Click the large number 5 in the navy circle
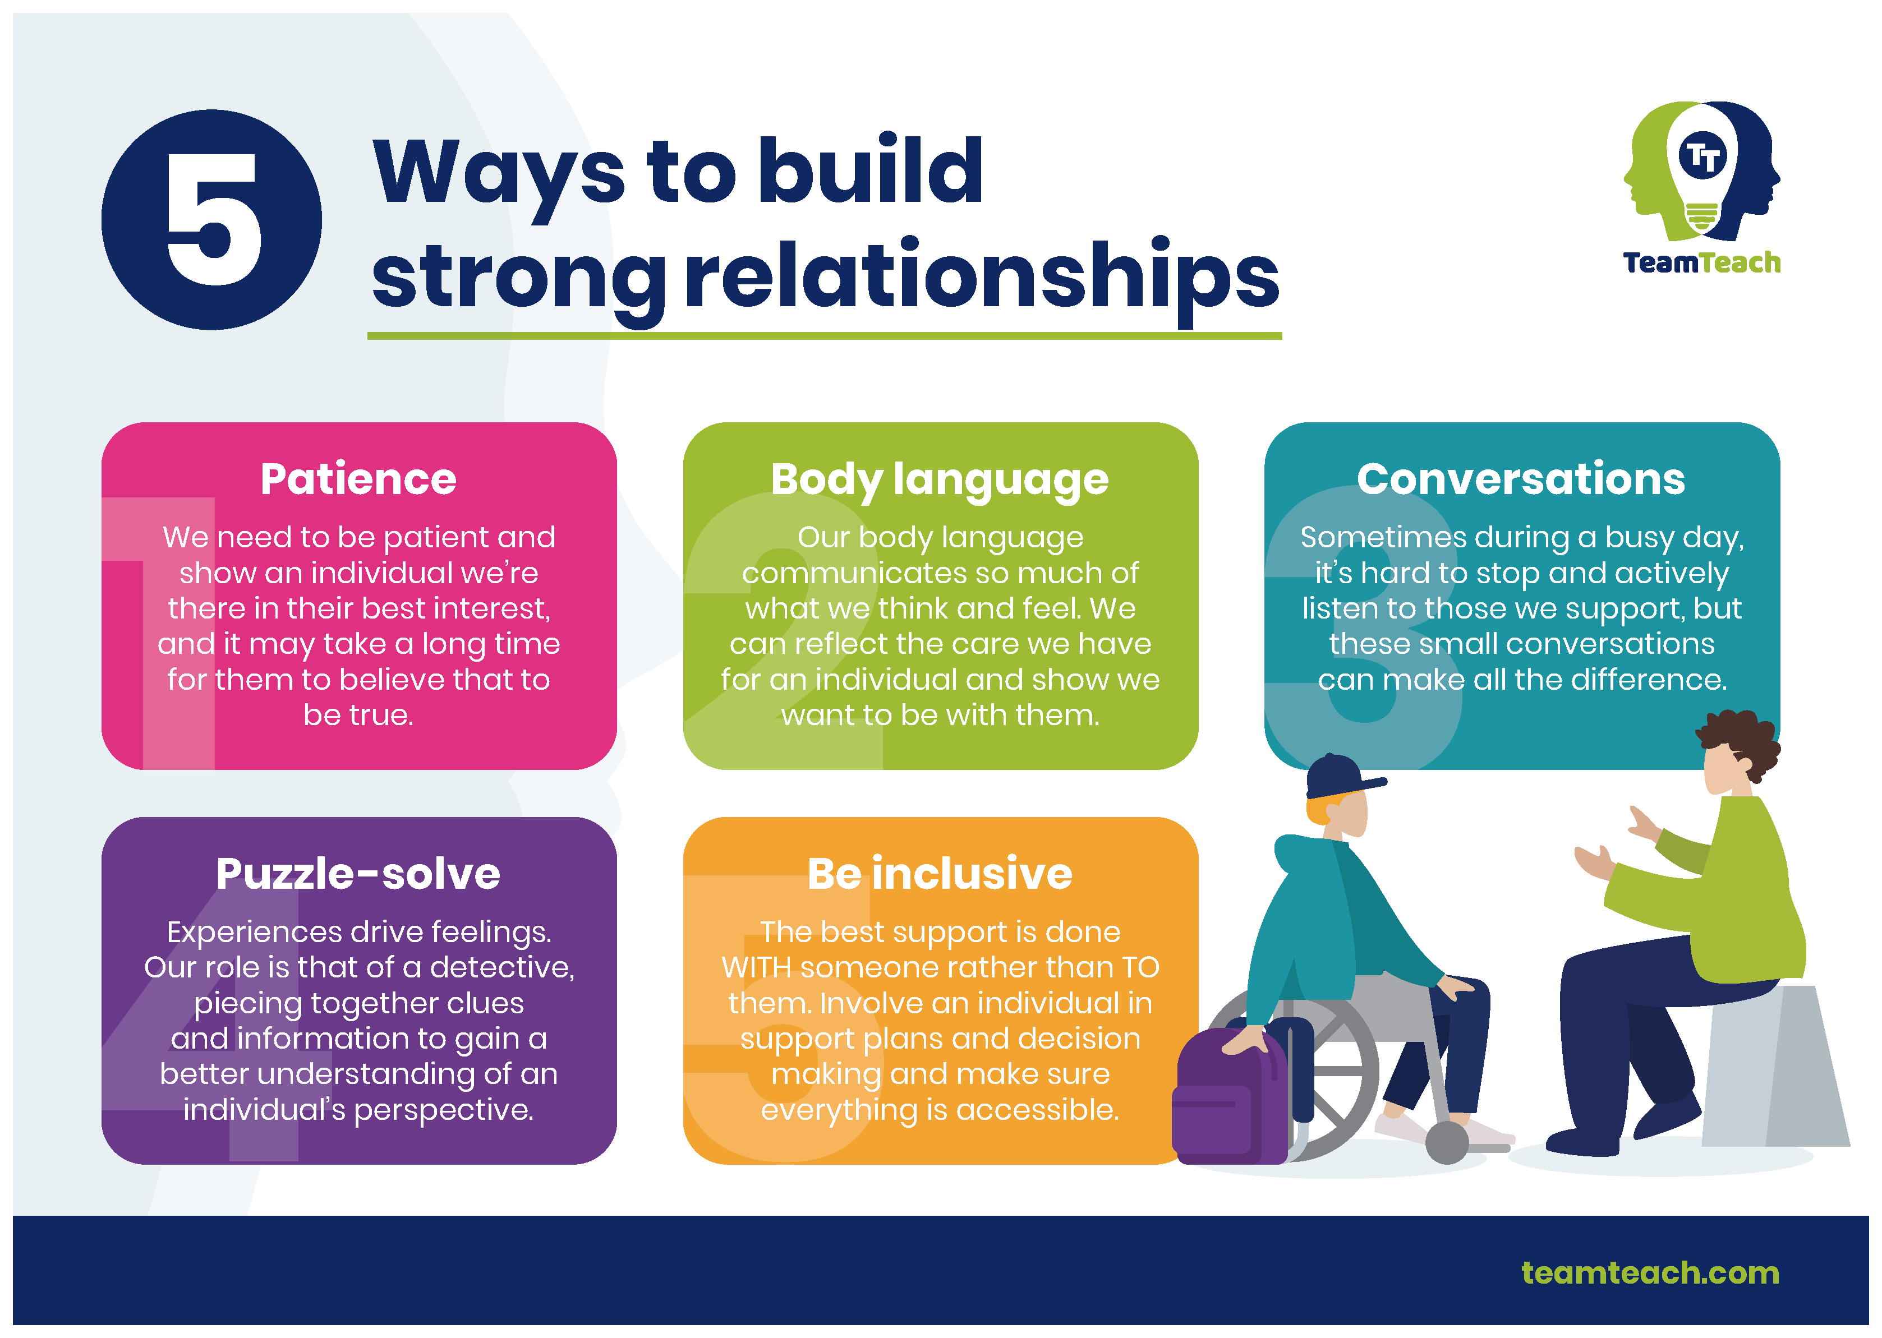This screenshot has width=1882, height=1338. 213,219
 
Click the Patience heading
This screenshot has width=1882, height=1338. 358,479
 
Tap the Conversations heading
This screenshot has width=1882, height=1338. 1521,479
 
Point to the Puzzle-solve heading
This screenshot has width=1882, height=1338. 358,874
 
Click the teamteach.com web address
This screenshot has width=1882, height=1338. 1650,1273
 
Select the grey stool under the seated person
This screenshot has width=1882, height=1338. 1776,1065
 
